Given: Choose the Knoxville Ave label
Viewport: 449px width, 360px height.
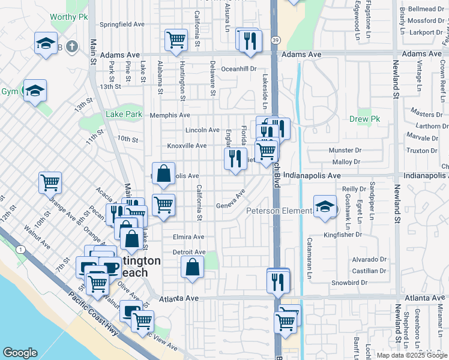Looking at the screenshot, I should point(187,145).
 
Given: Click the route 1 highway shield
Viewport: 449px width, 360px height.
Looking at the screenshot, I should point(20,249).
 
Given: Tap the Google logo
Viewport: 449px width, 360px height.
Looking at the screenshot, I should point(20,353).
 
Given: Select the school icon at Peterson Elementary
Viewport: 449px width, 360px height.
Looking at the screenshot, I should point(324,206).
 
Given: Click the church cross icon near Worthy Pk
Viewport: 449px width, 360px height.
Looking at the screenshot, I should point(71,46).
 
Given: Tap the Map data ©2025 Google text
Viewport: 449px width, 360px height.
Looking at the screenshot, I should point(412,355).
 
